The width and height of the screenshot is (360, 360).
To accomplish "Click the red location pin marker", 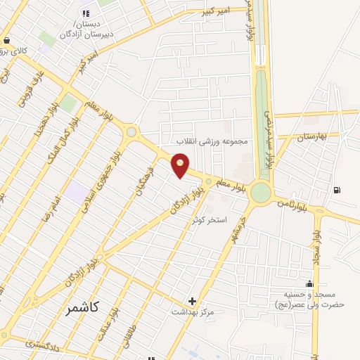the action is point(181,165).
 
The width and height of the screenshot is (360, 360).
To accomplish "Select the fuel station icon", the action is point(337,189).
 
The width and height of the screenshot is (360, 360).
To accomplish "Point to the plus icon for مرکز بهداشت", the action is point(192,300).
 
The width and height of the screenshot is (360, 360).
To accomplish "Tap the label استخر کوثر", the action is point(210,219).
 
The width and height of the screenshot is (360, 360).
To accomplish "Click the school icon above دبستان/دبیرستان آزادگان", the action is point(86,13).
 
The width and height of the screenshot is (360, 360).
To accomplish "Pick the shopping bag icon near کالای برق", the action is point(7,40).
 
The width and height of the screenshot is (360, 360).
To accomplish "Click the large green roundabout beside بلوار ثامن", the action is point(261,191).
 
